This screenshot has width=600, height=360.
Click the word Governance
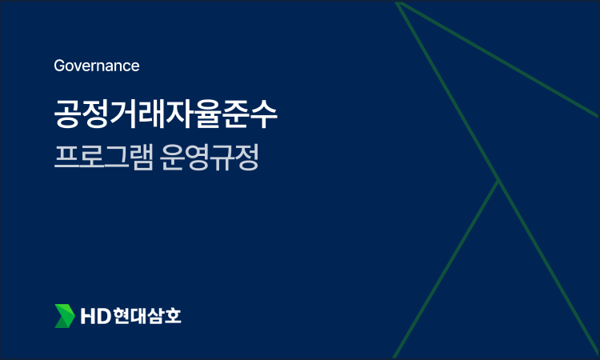97,66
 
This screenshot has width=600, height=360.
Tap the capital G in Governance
59,66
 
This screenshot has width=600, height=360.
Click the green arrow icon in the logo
64,316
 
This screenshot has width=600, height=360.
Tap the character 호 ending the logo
173,316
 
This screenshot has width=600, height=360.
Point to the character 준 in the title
237,114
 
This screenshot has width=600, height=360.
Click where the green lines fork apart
498,181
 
